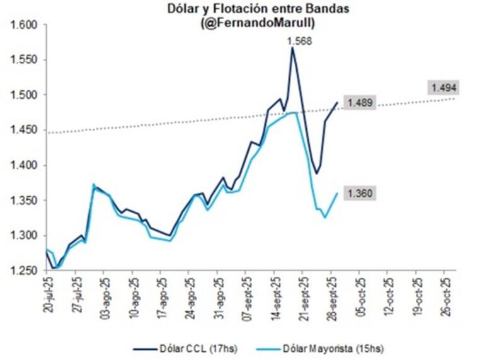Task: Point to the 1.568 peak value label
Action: [x=299, y=42]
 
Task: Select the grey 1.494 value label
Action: [x=443, y=88]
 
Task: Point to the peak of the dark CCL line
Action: [x=292, y=48]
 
